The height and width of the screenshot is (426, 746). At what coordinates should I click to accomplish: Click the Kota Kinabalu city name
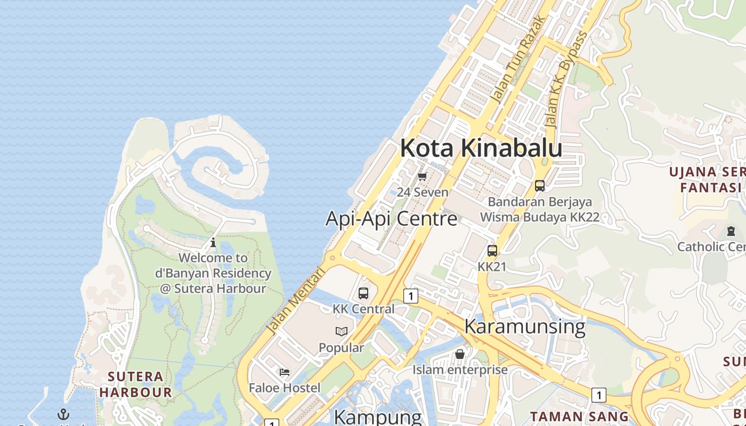(x=481, y=148)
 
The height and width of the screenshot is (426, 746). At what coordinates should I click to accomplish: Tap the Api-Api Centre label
(x=391, y=219)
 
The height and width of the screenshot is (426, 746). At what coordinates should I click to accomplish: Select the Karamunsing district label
(x=525, y=326)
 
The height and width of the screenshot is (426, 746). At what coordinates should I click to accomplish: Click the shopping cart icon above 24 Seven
(x=423, y=176)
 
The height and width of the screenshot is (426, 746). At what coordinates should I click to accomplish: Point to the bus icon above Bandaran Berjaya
(x=540, y=186)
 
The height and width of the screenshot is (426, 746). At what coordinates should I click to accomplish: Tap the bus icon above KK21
(x=492, y=251)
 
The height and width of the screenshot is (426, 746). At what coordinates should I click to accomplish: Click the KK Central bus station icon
(x=363, y=293)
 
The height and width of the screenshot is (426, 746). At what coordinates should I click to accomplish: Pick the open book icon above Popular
(x=342, y=332)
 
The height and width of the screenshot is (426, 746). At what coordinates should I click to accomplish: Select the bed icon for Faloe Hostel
(x=285, y=372)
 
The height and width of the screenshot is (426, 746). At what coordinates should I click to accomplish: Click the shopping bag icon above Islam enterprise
(x=460, y=354)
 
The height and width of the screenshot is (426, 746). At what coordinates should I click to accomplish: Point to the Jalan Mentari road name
(x=296, y=300)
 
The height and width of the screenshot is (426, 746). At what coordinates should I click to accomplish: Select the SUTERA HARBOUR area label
(x=135, y=384)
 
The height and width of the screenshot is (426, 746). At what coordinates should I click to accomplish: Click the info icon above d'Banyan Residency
(x=213, y=242)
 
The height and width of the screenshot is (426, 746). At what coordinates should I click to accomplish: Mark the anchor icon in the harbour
(x=63, y=414)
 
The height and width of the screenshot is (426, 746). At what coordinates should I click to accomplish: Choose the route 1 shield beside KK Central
(x=410, y=296)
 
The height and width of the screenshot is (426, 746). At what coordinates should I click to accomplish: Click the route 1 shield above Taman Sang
(x=599, y=395)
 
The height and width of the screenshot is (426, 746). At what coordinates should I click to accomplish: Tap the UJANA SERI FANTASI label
(x=707, y=179)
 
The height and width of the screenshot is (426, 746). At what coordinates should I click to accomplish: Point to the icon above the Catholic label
(x=731, y=231)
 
